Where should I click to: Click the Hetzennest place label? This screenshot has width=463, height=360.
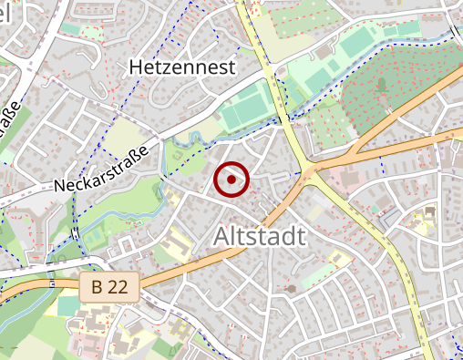pyautogui.click(x=182, y=67)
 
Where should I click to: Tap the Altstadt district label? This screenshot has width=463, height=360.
pyautogui.click(x=259, y=236)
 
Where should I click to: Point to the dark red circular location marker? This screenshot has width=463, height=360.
pyautogui.click(x=231, y=180)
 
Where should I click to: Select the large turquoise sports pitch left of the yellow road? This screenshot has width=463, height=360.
pyautogui.click(x=244, y=113)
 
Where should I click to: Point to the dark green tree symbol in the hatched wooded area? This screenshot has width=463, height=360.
pyautogui.click(x=381, y=85)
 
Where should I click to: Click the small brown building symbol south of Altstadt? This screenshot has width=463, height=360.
pyautogui.click(x=291, y=289)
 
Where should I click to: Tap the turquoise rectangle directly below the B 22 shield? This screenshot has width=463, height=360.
pyautogui.click(x=68, y=306)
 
